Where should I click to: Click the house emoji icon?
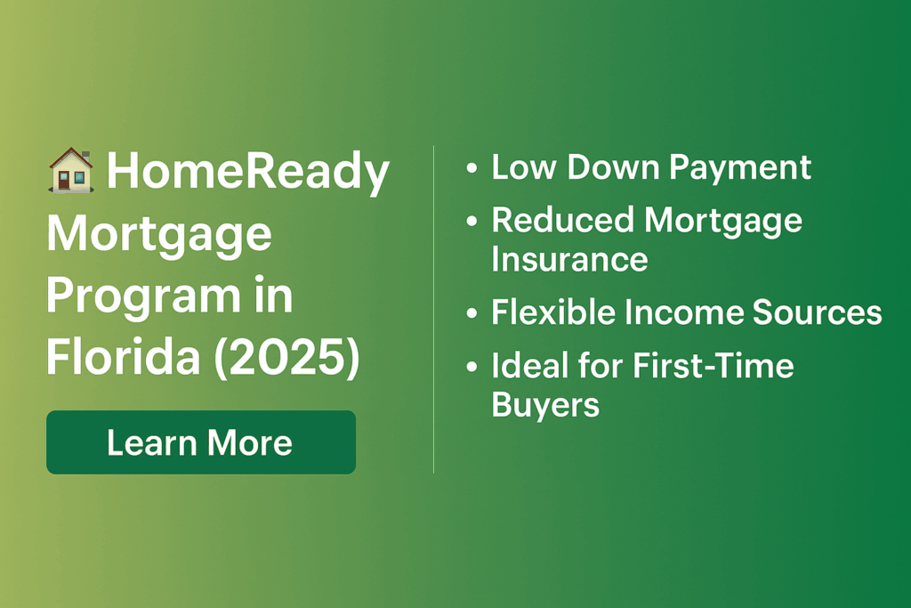[x=71, y=170]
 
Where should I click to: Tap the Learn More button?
[x=201, y=442]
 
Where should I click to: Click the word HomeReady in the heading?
[x=248, y=172]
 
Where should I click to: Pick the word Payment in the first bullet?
[x=739, y=169]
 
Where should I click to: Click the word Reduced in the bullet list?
[x=562, y=220]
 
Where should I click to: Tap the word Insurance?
[x=569, y=259]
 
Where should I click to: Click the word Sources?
[x=817, y=312]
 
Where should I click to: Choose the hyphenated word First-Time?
[x=713, y=366]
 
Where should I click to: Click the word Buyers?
[x=545, y=405]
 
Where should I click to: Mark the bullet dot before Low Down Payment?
[x=472, y=168]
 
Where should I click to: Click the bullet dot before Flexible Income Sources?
[x=472, y=313]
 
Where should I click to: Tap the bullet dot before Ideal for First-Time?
[x=472, y=367]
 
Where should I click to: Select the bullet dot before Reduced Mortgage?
[x=472, y=221]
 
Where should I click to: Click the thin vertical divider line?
[x=433, y=309]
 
